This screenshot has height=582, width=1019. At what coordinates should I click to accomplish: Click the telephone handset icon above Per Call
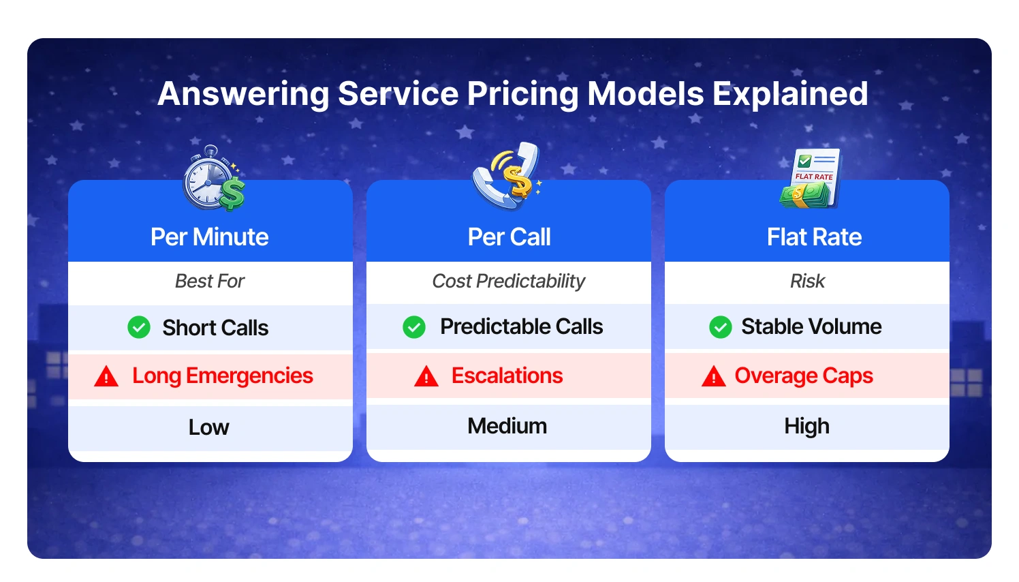tap(507, 176)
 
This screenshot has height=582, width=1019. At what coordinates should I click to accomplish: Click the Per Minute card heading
tap(210, 237)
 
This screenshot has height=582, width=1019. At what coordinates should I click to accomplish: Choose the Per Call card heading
tap(509, 237)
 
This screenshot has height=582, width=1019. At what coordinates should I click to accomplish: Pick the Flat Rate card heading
tap(814, 237)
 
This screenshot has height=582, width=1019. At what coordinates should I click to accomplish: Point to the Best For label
tap(210, 281)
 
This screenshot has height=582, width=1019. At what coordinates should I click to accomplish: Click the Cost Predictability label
tap(509, 281)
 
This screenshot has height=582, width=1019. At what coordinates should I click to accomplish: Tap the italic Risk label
tap(807, 281)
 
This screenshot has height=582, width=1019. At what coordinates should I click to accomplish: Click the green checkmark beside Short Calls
tap(139, 327)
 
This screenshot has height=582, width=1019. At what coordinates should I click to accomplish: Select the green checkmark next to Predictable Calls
tap(414, 327)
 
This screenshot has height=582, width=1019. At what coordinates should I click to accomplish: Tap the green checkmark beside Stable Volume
tap(721, 327)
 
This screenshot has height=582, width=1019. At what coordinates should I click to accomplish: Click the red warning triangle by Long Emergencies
tap(106, 376)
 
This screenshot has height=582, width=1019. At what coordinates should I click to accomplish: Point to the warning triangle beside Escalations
tap(426, 376)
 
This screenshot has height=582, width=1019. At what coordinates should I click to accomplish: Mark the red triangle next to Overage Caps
tap(714, 376)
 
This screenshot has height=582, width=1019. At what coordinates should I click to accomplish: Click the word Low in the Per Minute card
tap(209, 427)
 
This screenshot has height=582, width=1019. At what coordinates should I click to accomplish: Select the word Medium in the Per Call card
tap(507, 426)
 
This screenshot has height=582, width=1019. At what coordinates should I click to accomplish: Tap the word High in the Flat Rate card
tap(807, 426)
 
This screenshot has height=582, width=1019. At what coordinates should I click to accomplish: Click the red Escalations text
tap(507, 376)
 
